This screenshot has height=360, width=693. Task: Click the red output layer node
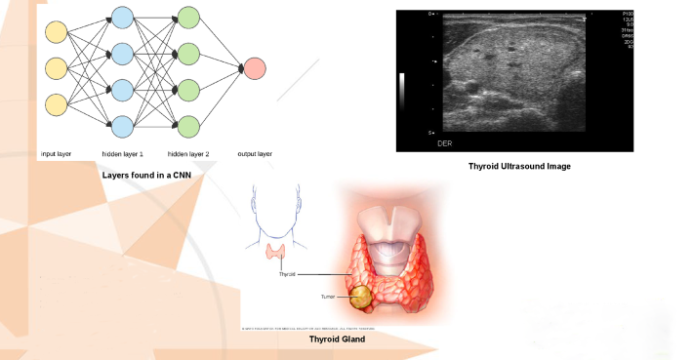tap(254, 69)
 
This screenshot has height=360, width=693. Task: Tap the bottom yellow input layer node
tap(56, 104)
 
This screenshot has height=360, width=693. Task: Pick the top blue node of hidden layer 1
tap(122, 17)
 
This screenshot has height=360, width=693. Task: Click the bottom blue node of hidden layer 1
tap(122, 126)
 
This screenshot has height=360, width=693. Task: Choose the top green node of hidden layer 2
tap(188, 17)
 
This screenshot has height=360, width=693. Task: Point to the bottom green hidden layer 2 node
tap(188, 126)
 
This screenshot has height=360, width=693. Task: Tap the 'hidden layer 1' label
tap(122, 154)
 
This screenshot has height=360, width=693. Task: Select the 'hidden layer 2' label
tap(188, 154)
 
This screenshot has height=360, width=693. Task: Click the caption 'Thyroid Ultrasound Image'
tap(518, 167)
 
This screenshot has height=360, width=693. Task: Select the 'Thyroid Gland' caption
tap(336, 339)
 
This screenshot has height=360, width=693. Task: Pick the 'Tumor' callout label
tap(328, 295)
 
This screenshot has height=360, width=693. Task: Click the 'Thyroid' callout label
tap(287, 274)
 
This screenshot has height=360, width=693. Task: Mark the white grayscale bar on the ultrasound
tap(401, 88)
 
